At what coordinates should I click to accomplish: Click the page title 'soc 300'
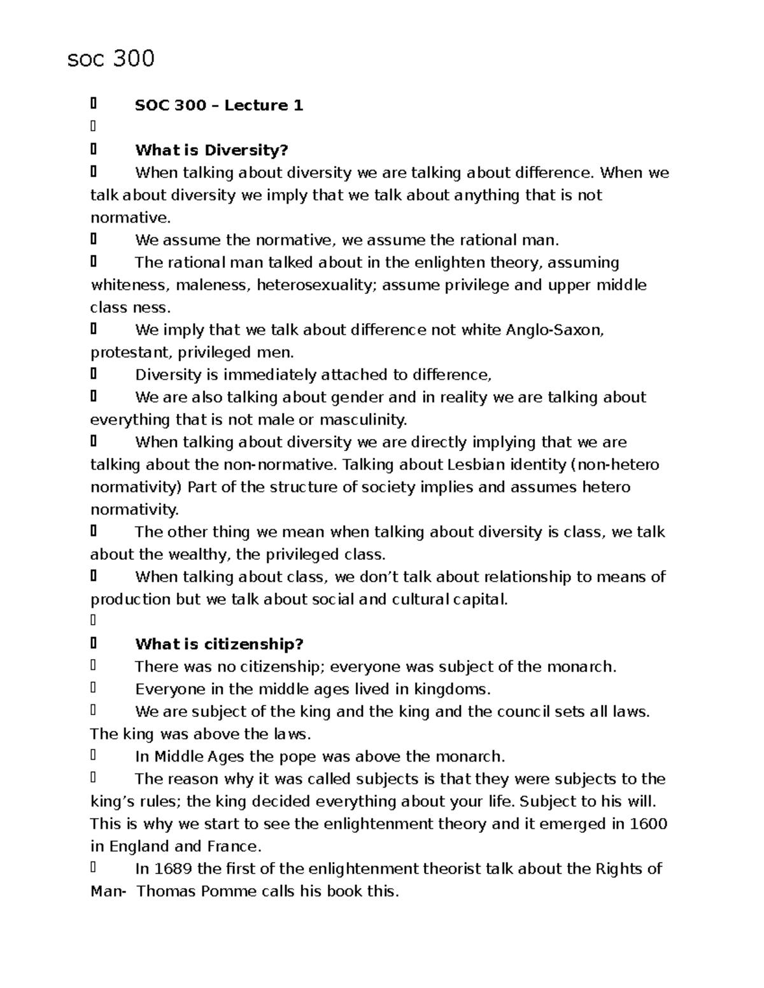tap(111, 59)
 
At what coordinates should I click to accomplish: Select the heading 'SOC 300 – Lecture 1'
tap(218, 106)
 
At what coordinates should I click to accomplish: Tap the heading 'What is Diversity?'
tap(211, 151)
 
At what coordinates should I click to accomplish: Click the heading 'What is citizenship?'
tap(219, 644)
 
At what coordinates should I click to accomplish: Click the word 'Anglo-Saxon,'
tap(555, 330)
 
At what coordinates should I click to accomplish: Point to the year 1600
tap(648, 824)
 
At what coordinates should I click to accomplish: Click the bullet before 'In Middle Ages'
tap(94, 756)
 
